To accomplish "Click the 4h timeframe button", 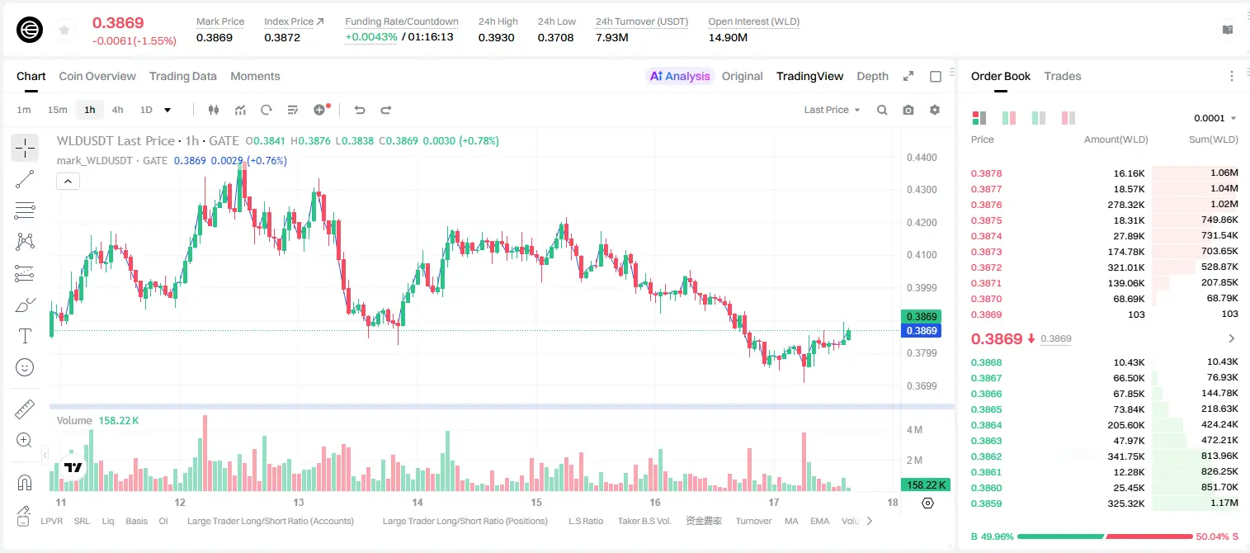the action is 117,110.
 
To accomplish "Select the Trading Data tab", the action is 182,76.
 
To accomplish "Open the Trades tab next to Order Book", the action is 1062,76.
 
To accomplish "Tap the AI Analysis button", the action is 679,76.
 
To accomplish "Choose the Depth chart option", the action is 872,76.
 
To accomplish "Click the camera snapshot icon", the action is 908,110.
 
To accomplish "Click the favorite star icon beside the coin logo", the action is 64,30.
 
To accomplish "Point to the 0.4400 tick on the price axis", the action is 922,158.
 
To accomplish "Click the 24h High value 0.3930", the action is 496,37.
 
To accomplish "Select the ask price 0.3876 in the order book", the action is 986,205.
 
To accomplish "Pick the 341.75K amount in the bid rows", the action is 1125,456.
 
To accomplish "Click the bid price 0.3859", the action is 986,503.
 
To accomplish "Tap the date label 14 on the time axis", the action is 417,502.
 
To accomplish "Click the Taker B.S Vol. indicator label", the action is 644,521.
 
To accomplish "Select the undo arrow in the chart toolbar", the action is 360,110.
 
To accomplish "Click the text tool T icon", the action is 25,336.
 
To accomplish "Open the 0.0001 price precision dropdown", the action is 1215,118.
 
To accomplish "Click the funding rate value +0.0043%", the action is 371,37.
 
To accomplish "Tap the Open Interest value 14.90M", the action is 728,37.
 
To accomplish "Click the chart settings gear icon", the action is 935,110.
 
